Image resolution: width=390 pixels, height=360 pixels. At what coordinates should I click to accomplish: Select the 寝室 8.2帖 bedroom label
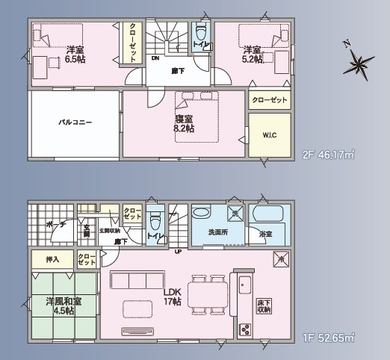click(184, 123)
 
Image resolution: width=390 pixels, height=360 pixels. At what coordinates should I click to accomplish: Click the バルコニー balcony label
click(75, 122)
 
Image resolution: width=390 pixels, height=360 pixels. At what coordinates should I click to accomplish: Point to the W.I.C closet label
click(269, 135)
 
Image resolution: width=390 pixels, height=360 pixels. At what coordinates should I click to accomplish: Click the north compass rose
click(359, 63)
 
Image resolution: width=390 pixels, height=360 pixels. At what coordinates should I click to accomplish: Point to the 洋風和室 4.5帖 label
click(64, 306)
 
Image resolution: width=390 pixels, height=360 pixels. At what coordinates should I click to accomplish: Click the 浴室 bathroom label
click(265, 234)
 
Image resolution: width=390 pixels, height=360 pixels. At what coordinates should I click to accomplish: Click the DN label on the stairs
click(156, 57)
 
